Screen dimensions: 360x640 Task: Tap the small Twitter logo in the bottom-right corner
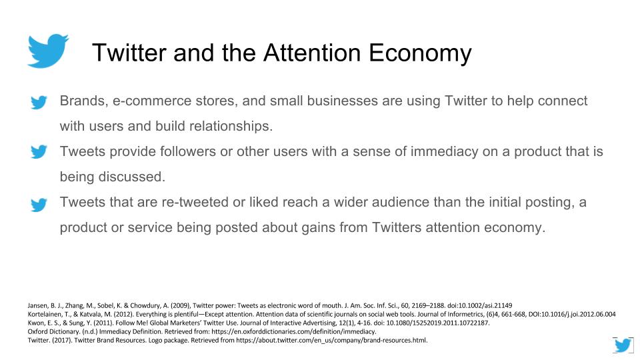pos(623,345)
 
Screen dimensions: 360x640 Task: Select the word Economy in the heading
pos(421,52)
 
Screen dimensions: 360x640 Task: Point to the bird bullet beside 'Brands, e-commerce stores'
pos(39,103)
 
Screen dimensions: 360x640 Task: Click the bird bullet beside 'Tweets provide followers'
pos(39,153)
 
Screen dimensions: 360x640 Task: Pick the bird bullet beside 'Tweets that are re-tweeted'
pos(39,204)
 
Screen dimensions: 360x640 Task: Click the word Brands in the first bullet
pos(81,101)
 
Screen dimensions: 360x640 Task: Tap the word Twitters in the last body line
pos(408,227)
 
